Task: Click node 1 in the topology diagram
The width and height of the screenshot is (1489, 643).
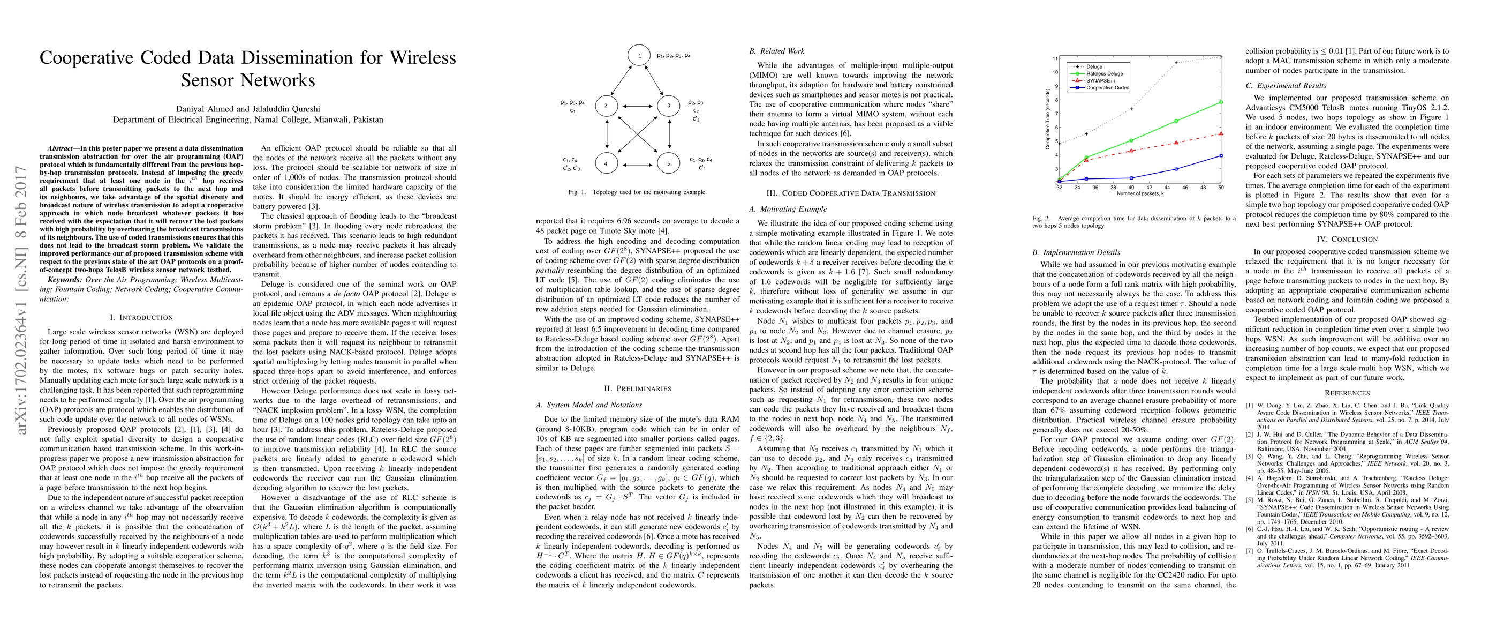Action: coord(639,56)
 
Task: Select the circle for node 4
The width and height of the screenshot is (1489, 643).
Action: coord(606,163)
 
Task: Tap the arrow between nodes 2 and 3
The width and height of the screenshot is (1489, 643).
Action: coord(638,106)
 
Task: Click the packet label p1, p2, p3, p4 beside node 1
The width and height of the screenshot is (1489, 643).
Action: coord(674,56)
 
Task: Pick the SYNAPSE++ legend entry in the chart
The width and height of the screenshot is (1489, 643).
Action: coord(1099,81)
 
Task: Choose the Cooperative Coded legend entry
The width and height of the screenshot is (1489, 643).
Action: coord(1107,88)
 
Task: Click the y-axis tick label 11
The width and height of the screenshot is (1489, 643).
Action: coord(1055,58)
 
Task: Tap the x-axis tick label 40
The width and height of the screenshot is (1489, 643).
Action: coord(1131,188)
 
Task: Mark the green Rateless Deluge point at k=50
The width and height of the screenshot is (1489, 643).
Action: coord(1221,102)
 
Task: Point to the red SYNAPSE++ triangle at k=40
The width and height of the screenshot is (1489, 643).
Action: coord(1131,151)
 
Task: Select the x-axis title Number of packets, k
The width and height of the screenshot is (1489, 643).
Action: coord(1140,194)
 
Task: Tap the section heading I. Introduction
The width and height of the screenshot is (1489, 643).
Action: coord(141,317)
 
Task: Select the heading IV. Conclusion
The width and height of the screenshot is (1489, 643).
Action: coord(1347,239)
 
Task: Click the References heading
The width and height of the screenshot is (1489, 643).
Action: coord(1347,393)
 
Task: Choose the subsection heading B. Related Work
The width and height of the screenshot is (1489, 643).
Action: coord(776,51)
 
